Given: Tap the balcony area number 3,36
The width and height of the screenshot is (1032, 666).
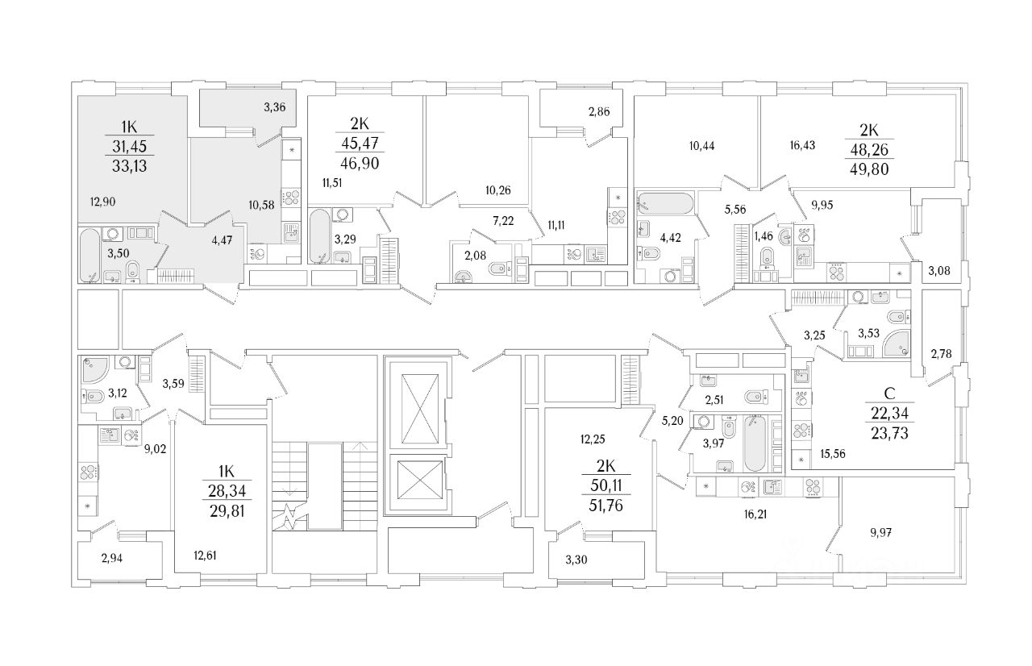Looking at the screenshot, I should [x=276, y=106].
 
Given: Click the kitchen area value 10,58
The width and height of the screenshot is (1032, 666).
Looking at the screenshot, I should [x=263, y=204].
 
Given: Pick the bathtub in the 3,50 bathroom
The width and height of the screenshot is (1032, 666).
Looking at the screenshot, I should [x=89, y=254].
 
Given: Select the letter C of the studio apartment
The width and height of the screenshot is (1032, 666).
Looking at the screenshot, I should [x=891, y=394].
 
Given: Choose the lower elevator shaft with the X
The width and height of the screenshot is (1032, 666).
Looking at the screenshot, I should [x=416, y=481].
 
